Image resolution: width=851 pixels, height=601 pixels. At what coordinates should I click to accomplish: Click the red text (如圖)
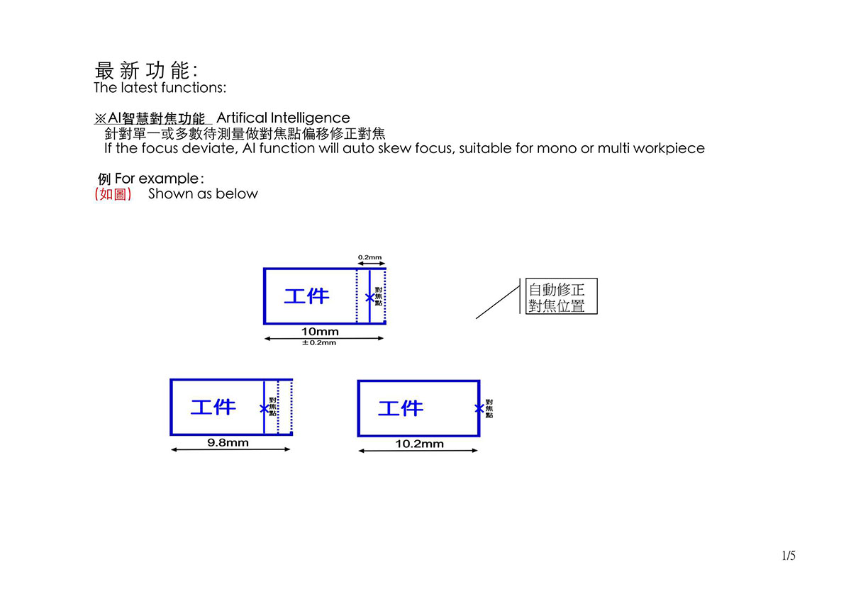tap(113, 194)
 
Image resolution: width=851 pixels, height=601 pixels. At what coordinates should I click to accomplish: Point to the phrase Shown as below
tap(203, 193)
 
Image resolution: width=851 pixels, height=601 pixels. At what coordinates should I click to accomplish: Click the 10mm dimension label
tap(320, 332)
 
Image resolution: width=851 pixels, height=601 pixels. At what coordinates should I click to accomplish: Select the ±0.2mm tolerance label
tap(319, 343)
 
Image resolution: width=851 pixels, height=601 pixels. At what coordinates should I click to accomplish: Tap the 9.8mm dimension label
tap(228, 443)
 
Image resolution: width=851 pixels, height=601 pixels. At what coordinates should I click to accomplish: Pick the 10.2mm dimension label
tap(419, 444)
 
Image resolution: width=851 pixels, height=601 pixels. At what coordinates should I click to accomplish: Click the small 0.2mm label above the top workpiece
tap(369, 257)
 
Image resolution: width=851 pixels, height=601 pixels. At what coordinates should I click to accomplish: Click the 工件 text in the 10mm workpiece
tap(306, 296)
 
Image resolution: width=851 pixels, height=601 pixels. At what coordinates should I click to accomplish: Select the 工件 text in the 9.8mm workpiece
tap(213, 408)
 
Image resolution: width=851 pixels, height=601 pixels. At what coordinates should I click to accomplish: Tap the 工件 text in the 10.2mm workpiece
tap(401, 408)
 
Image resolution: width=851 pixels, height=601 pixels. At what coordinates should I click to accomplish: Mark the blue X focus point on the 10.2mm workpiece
tap(479, 408)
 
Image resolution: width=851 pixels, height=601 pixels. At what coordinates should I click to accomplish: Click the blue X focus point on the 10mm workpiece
tap(369, 298)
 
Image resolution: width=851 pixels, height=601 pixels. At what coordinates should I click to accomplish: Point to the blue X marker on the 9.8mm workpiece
tap(264, 409)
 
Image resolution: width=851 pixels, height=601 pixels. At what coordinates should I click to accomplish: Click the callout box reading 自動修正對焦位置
tap(561, 296)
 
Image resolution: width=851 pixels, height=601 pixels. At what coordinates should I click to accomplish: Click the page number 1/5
tap(789, 556)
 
